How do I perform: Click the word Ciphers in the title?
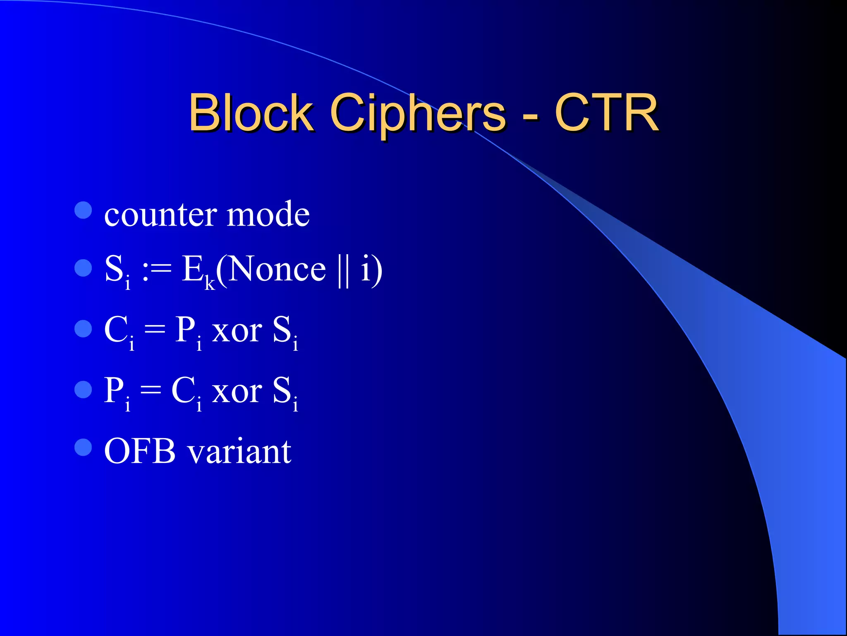click(x=418, y=113)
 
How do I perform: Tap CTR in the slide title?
click(x=606, y=113)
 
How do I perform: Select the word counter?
click(x=160, y=215)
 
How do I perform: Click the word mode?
click(x=268, y=215)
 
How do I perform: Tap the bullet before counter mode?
click(x=83, y=210)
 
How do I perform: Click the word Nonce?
click(x=277, y=269)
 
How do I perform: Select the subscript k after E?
click(x=210, y=284)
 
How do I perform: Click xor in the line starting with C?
click(x=237, y=331)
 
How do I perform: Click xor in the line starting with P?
click(x=237, y=391)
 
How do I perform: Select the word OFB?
click(x=140, y=451)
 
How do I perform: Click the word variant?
click(x=239, y=452)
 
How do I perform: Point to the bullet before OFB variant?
click(x=83, y=447)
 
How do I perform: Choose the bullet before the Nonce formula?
click(x=83, y=268)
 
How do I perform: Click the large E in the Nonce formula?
click(x=193, y=269)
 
